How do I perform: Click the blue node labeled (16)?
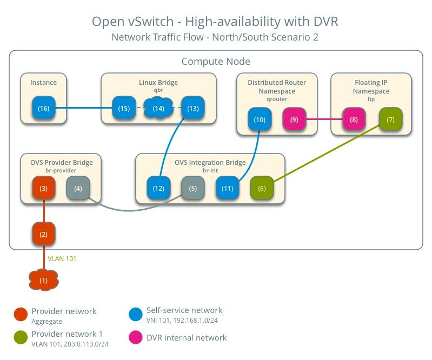pyautogui.click(x=44, y=108)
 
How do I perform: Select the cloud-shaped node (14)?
pyautogui.click(x=158, y=108)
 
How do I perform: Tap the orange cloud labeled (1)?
pyautogui.click(x=44, y=280)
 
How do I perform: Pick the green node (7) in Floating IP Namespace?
pyautogui.click(x=391, y=119)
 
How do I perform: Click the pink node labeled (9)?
pyautogui.click(x=294, y=119)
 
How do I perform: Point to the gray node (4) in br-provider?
pyautogui.click(x=78, y=188)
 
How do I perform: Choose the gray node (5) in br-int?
pyautogui.click(x=193, y=188)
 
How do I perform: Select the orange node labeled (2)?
pyautogui.click(x=44, y=234)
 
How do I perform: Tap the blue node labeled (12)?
pyautogui.click(x=158, y=188)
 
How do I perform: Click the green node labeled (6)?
pyautogui.click(x=262, y=188)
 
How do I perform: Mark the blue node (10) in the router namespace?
pyautogui.click(x=260, y=119)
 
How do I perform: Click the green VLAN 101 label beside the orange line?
pyautogui.click(x=62, y=258)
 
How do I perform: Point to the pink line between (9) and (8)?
pyautogui.click(x=324, y=119)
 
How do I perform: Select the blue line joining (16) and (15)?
pyautogui.click(x=84, y=108)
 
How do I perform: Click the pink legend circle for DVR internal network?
pyautogui.click(x=136, y=337)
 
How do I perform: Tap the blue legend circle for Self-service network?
pyautogui.click(x=136, y=314)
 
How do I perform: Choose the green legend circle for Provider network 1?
pyautogui.click(x=21, y=337)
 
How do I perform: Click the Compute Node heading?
pyautogui.click(x=216, y=62)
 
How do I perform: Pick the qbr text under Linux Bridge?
pyautogui.click(x=158, y=90)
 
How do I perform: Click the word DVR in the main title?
pyautogui.click(x=325, y=22)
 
